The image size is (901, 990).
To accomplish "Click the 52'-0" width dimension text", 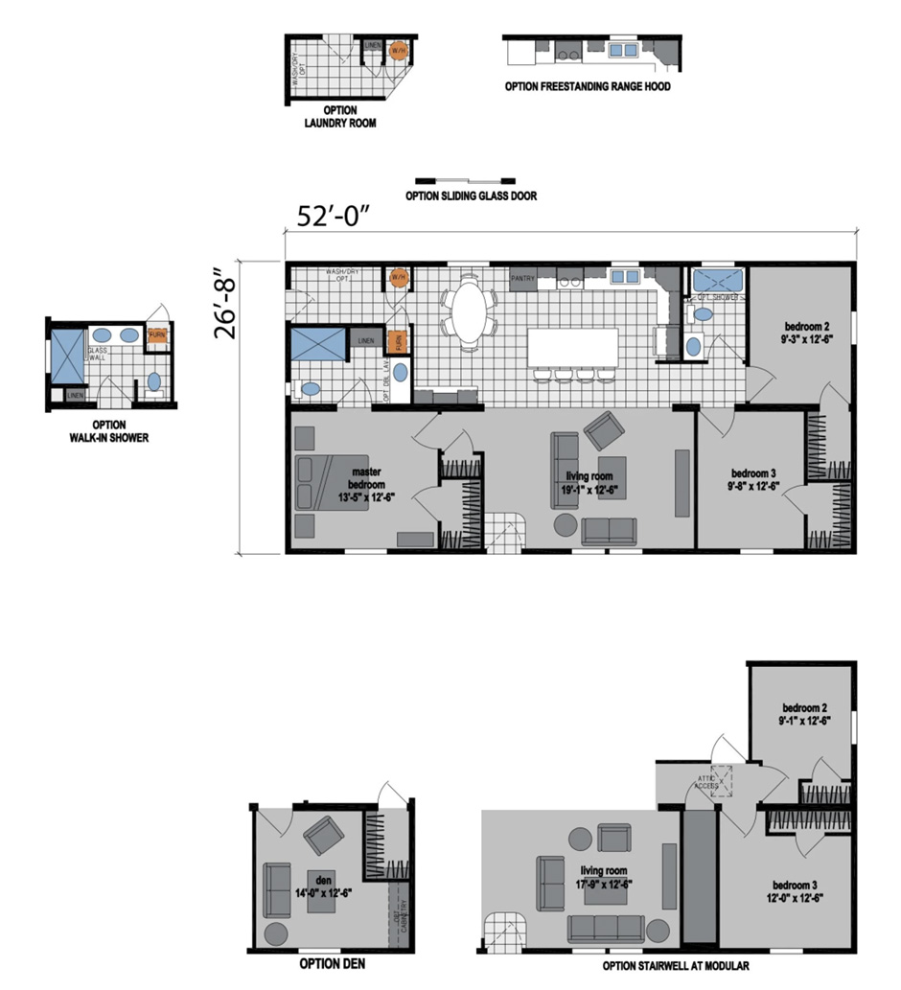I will point(334,218).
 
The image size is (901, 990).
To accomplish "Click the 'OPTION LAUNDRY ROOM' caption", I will point(339,117).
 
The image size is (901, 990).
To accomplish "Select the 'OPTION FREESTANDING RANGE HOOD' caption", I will point(588,86).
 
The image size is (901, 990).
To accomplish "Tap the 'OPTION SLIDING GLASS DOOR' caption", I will point(471,196).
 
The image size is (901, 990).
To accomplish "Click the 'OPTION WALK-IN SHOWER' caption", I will point(107,432).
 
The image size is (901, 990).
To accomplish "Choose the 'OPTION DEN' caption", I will point(332,964).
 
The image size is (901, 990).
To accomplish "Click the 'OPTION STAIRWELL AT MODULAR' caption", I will point(676,966).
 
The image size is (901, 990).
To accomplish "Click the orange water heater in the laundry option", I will point(398,51).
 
